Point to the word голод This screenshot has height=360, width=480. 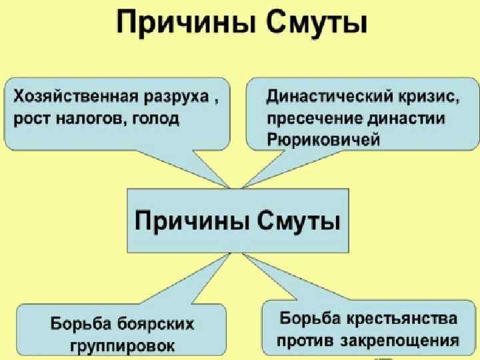157,119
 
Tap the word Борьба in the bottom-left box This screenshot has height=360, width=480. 80,325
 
